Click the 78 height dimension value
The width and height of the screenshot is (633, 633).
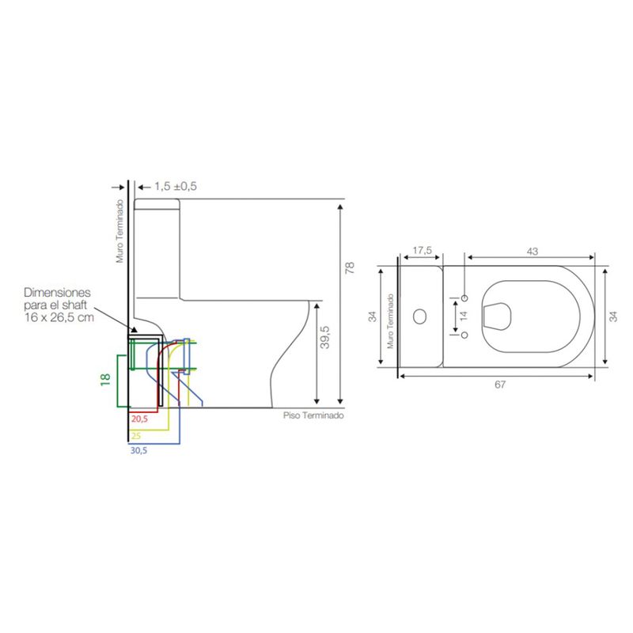(350, 267)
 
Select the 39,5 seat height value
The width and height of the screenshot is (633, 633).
(324, 337)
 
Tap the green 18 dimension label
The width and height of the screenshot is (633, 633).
(105, 380)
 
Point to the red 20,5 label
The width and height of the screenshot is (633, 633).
(140, 419)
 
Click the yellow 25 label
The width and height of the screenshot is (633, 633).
(136, 436)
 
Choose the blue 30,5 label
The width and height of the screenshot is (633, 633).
(138, 450)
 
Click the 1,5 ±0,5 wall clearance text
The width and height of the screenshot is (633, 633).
(176, 187)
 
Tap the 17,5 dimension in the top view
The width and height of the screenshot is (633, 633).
(422, 250)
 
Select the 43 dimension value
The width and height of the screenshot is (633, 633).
(533, 251)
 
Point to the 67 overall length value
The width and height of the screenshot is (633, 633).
(500, 385)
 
